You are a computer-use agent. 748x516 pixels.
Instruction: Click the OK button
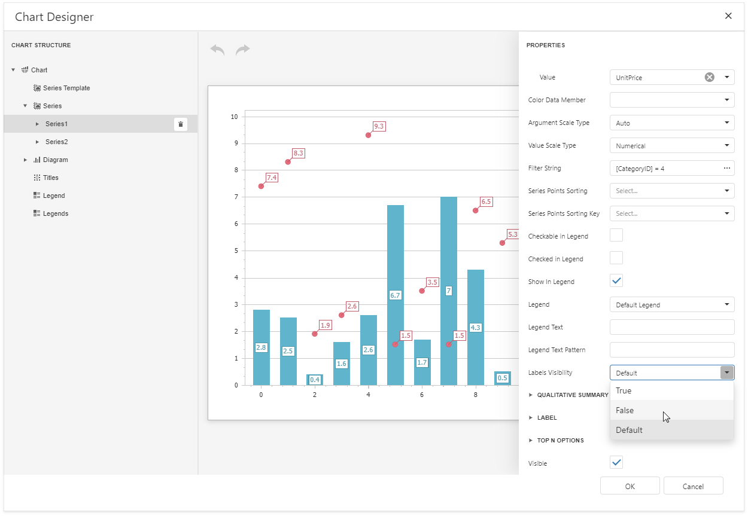click(630, 486)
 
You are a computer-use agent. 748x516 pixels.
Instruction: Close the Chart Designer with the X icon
click(728, 16)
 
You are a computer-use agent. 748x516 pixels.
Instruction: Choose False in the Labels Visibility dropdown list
click(625, 410)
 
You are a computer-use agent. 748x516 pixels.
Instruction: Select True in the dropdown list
click(624, 390)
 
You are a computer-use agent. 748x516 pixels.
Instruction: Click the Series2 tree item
click(56, 142)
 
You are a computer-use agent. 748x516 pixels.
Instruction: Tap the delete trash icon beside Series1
click(181, 124)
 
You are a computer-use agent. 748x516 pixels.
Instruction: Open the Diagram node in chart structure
click(26, 160)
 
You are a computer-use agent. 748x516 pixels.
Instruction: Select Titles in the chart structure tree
click(50, 178)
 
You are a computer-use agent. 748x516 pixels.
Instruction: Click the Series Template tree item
click(66, 88)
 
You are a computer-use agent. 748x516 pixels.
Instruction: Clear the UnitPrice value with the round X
click(709, 77)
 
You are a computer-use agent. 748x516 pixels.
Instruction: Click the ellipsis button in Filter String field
click(727, 168)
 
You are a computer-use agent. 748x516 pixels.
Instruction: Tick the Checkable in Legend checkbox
click(616, 235)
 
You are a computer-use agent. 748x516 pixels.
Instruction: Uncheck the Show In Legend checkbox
click(616, 280)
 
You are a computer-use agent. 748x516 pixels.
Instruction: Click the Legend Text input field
click(671, 327)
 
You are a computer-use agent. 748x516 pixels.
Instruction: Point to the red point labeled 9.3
click(368, 135)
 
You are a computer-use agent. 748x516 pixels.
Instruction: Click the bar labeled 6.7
click(396, 251)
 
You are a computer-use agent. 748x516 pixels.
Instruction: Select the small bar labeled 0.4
click(315, 380)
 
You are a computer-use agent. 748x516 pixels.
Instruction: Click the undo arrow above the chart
click(217, 50)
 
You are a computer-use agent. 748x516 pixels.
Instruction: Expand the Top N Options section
click(560, 441)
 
